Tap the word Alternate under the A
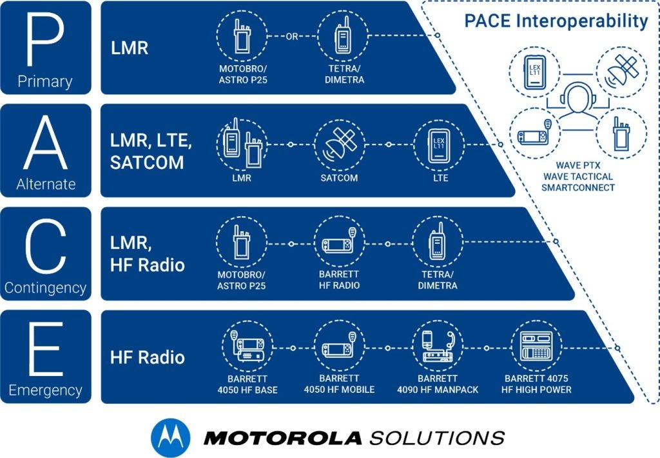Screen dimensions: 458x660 [x=45, y=184]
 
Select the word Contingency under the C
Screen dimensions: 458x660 [x=45, y=288]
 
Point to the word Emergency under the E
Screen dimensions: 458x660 [x=45, y=390]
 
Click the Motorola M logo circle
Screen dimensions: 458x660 [x=170, y=437]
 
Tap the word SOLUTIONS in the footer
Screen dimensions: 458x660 [x=436, y=438]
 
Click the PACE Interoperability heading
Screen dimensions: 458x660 [x=556, y=21]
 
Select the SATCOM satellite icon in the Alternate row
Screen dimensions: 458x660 [x=339, y=144]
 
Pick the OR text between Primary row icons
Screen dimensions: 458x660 [x=292, y=37]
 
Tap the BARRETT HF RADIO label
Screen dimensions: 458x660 [x=339, y=280]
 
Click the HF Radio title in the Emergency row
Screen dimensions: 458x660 [x=148, y=357]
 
